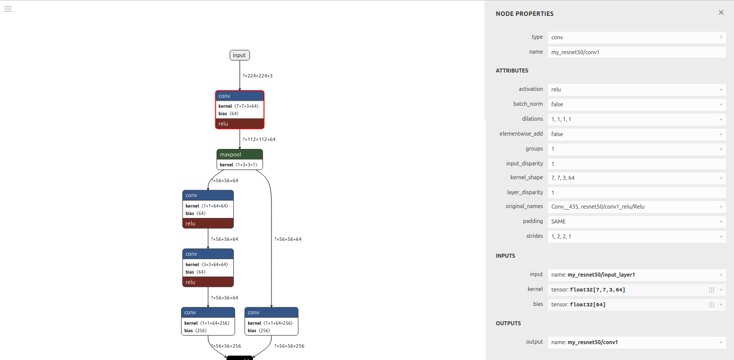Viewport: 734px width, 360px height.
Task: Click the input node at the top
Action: (239, 55)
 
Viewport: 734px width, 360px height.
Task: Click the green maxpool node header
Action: (240, 154)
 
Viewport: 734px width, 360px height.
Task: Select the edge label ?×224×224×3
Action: (257, 76)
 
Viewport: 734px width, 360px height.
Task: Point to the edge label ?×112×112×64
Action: (259, 140)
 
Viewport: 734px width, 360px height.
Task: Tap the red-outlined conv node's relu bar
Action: (240, 124)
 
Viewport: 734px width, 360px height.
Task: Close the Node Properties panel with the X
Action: (721, 12)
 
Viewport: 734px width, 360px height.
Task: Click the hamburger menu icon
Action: (8, 8)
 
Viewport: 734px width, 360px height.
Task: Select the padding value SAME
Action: (558, 221)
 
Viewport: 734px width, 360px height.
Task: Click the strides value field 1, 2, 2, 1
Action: (561, 236)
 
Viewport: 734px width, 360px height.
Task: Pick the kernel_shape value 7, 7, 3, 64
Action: (563, 178)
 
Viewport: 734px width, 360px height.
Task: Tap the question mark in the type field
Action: (721, 37)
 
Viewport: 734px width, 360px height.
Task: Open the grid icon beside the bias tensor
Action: (711, 305)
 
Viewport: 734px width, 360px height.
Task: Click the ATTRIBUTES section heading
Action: (512, 71)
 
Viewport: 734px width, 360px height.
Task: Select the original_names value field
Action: (598, 207)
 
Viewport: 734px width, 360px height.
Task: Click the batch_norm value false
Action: (557, 104)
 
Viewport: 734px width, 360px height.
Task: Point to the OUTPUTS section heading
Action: (508, 323)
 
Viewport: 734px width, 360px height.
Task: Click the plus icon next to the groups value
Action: (721, 149)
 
